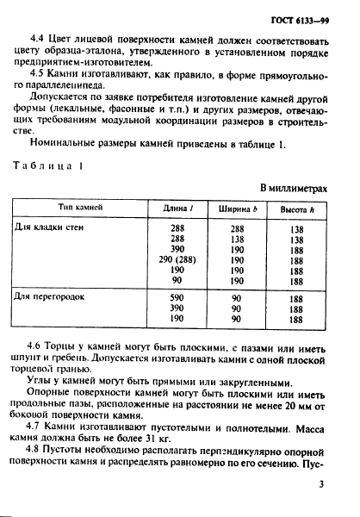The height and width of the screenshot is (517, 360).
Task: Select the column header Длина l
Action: tap(179, 209)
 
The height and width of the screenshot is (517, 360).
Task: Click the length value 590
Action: tap(178, 296)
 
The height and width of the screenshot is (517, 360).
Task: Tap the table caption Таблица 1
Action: tap(57, 165)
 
